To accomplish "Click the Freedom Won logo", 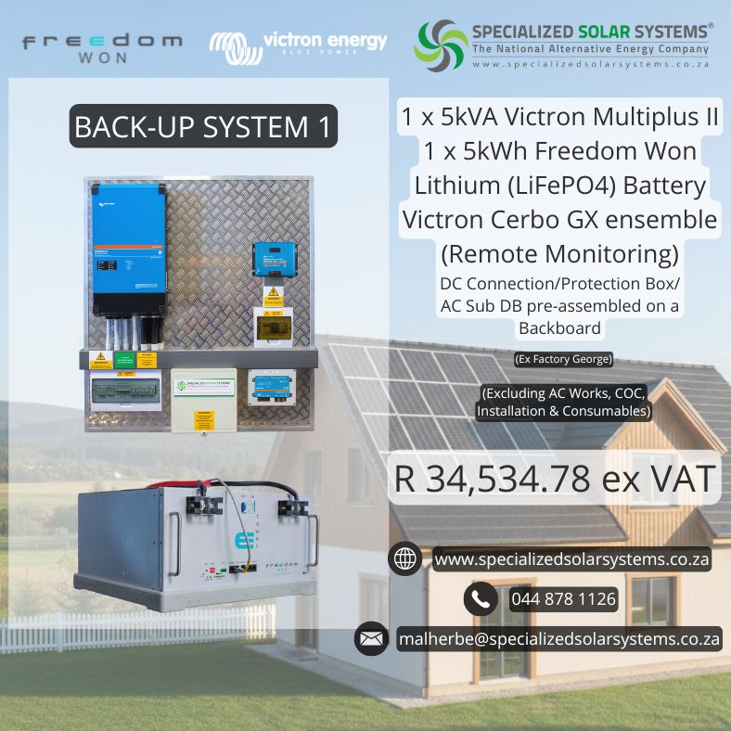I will click(x=102, y=48).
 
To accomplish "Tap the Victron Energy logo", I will click(x=298, y=45).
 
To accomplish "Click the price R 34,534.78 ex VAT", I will click(x=555, y=479).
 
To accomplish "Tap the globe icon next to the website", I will click(x=405, y=559).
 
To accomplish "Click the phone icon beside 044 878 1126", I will click(x=481, y=599).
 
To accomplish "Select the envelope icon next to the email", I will click(x=371, y=638).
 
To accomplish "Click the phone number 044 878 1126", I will click(x=563, y=599).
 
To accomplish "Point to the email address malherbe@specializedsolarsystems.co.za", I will click(x=559, y=639).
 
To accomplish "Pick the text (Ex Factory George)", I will click(x=563, y=359).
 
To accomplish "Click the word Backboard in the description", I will click(x=559, y=327).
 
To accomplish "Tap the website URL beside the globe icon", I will click(x=571, y=559).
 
